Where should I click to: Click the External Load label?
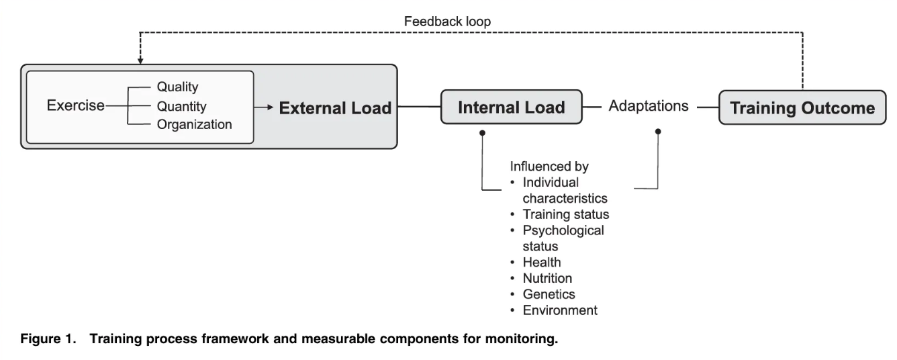coord(335,107)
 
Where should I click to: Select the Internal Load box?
coord(512,107)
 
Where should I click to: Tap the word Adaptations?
coord(649,106)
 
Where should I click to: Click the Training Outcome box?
coord(803,107)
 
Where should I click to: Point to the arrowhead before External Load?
coord(273,107)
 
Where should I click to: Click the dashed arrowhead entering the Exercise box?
coord(140,62)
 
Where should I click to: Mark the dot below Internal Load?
coord(481,132)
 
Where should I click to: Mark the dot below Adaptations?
coord(657,132)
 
